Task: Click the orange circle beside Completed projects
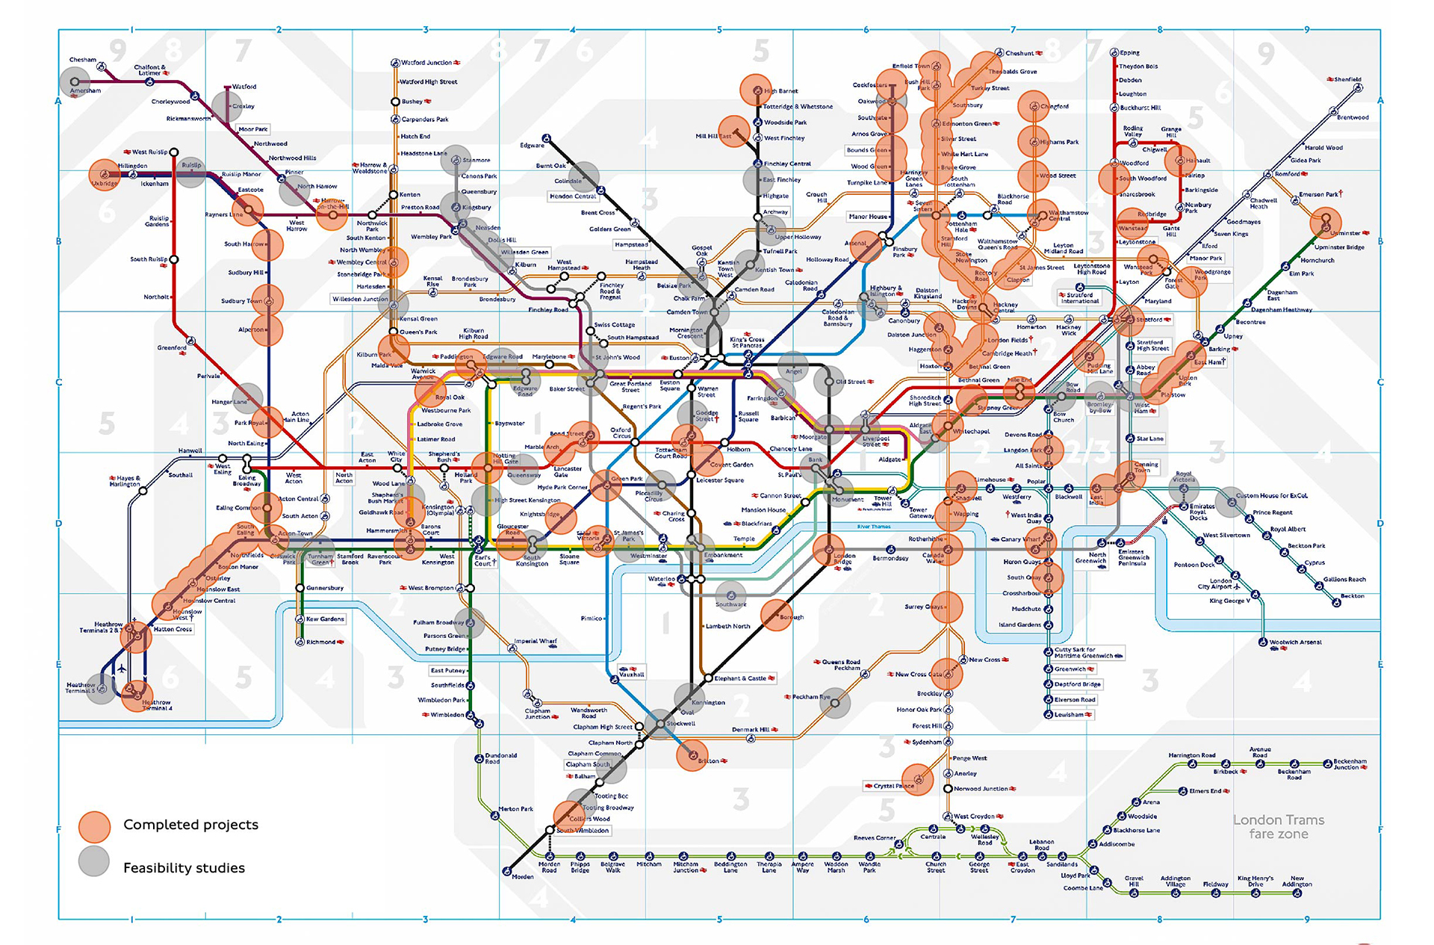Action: pyautogui.click(x=94, y=825)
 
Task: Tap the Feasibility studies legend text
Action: pyautogui.click(x=184, y=868)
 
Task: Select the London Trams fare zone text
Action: pyautogui.click(x=1278, y=827)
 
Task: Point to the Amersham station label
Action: pyautogui.click(x=85, y=90)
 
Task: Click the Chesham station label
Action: pyautogui.click(x=82, y=60)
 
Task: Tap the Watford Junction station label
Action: pyautogui.click(x=426, y=63)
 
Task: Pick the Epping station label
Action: pyautogui.click(x=1129, y=53)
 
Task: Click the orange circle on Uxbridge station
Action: pyautogui.click(x=105, y=175)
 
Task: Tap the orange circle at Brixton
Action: pyautogui.click(x=692, y=755)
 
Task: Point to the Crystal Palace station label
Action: pyautogui.click(x=893, y=786)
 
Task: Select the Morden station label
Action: pyautogui.click(x=522, y=876)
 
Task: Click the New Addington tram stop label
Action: pyautogui.click(x=1297, y=882)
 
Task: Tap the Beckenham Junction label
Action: pyautogui.click(x=1350, y=764)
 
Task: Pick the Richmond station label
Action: pyautogui.click(x=320, y=642)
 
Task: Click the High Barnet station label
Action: pyautogui.click(x=780, y=91)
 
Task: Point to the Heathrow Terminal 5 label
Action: pyautogui.click(x=80, y=687)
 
